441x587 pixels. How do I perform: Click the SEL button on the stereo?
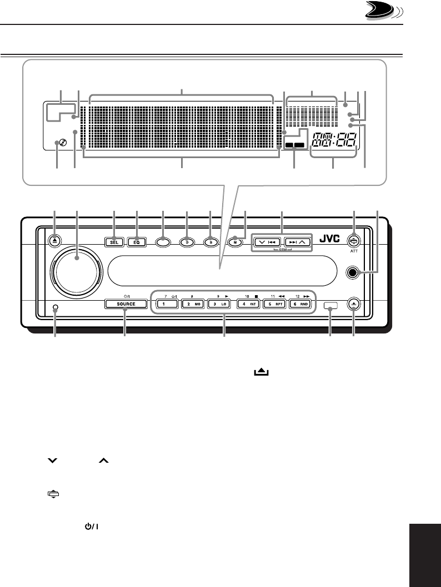pos(114,242)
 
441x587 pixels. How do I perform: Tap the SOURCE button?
pos(126,304)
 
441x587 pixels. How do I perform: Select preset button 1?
pos(166,304)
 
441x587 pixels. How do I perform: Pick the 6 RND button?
pos(302,304)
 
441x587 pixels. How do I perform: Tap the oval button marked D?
pos(187,242)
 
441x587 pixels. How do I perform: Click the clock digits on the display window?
pos(332,141)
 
